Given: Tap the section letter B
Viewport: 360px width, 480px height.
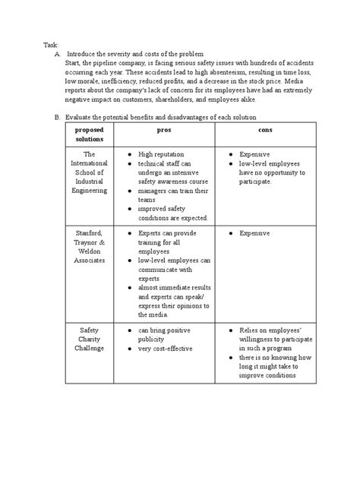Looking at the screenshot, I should pos(55,118).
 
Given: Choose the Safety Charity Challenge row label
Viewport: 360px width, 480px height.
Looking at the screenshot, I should pos(90,339).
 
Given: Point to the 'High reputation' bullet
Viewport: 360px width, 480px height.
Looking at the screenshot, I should pos(161,153).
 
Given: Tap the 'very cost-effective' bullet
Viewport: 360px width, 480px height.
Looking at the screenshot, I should pos(165,349).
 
